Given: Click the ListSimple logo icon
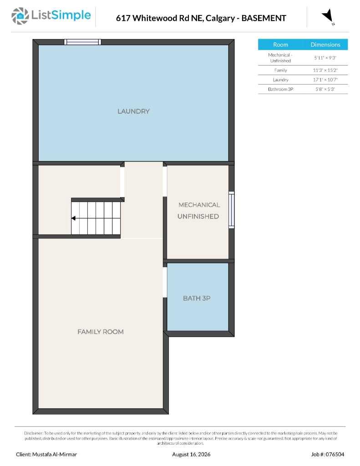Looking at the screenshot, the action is (x=20, y=16).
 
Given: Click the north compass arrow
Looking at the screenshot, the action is (x=328, y=16).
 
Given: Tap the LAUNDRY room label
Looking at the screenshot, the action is (x=133, y=111).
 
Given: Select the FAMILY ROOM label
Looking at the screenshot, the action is (x=101, y=332).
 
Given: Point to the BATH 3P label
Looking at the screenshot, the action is (x=197, y=298).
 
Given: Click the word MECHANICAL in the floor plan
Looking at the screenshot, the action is (x=199, y=205).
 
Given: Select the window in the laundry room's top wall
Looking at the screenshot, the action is (x=83, y=42).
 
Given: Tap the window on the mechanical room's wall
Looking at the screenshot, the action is (x=231, y=210).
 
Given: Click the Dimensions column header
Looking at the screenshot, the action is (x=325, y=45).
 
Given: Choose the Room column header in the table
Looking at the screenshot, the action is (x=281, y=45).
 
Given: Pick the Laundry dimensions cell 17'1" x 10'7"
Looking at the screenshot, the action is (x=325, y=80).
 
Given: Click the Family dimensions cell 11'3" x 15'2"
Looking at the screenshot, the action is (x=325, y=70).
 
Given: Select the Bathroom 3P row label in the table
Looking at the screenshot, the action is (x=281, y=89).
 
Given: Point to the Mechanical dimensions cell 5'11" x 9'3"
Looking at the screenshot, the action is (x=325, y=58).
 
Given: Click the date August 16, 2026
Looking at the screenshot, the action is (x=191, y=455).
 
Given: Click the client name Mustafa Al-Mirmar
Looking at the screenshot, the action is (x=55, y=455).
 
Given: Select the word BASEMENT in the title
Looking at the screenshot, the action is (x=264, y=18).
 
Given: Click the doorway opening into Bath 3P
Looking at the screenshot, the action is (x=165, y=282).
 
